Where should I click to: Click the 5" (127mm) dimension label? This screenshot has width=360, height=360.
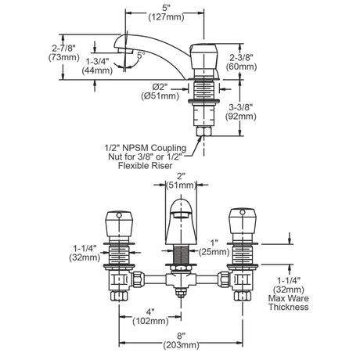pos(166,13)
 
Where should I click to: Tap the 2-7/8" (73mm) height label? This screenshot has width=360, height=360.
pos(64,52)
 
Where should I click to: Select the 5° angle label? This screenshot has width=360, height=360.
pos(141,55)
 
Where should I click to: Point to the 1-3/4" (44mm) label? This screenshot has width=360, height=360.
pos(97,67)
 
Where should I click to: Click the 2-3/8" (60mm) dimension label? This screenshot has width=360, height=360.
pos(241,63)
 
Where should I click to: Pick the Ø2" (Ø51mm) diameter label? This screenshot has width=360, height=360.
pos(160,92)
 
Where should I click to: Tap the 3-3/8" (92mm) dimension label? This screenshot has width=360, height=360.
pos(241,112)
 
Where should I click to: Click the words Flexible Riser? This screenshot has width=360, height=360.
pos(146,166)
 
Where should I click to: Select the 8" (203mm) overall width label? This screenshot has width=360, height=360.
pos(182,340)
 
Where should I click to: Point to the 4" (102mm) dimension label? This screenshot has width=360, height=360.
pos(150,316)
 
